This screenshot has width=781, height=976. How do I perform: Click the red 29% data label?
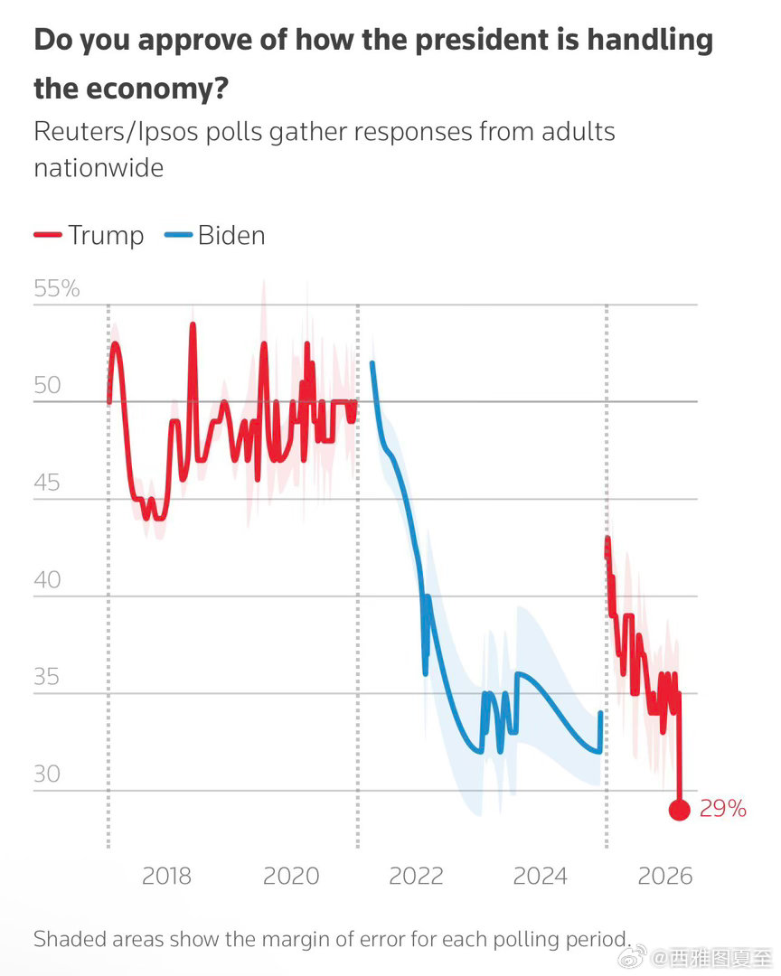tap(723, 809)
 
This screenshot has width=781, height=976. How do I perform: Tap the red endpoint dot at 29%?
tap(680, 810)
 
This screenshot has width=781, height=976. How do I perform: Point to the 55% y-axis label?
tap(56, 289)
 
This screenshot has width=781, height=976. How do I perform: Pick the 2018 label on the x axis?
tap(167, 876)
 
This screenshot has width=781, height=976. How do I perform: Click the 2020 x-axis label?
tap(291, 876)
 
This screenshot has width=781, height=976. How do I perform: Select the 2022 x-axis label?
tap(416, 876)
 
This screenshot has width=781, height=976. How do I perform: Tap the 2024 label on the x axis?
tap(540, 876)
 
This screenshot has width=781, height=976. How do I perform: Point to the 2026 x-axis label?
tap(664, 876)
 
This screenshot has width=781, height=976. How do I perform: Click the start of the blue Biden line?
tap(372, 363)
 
